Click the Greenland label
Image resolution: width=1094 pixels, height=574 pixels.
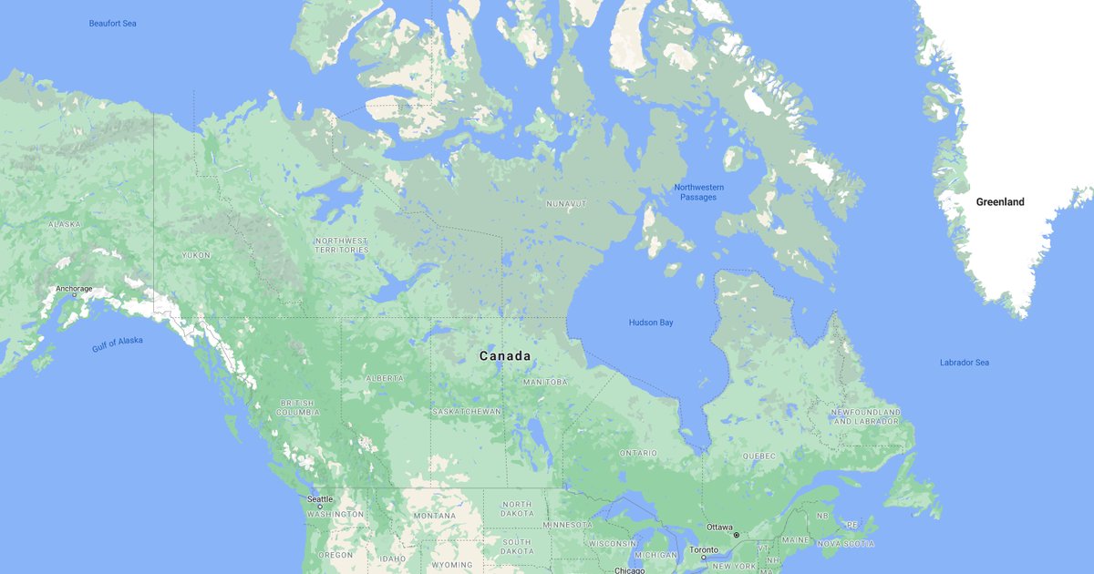tap(999, 202)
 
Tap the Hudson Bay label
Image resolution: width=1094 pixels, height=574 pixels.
tap(651, 323)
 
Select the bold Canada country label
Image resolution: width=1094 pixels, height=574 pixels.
tap(505, 356)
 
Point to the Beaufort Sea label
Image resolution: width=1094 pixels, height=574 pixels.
tap(112, 24)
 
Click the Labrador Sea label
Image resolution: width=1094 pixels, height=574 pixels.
tap(964, 363)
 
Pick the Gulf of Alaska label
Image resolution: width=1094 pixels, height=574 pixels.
tap(118, 344)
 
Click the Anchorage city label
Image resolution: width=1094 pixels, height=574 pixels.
tap(74, 289)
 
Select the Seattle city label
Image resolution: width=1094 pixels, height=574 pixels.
tap(320, 499)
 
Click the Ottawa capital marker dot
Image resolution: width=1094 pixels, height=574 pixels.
tap(737, 535)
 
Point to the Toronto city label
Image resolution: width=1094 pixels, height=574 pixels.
tap(702, 550)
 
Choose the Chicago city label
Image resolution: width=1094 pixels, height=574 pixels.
tap(629, 570)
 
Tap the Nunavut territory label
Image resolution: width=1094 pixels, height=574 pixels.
tap(565, 203)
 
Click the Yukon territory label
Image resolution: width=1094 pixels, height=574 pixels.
tap(196, 255)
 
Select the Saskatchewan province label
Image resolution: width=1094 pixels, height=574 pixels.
tap(467, 412)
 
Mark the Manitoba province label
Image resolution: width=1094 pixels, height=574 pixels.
tap(544, 382)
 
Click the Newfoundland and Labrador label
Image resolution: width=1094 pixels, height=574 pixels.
tap(865, 417)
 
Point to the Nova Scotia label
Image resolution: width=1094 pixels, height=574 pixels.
tap(845, 544)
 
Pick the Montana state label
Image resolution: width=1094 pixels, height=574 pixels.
tap(434, 517)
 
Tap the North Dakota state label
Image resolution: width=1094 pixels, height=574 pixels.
tap(516, 509)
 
